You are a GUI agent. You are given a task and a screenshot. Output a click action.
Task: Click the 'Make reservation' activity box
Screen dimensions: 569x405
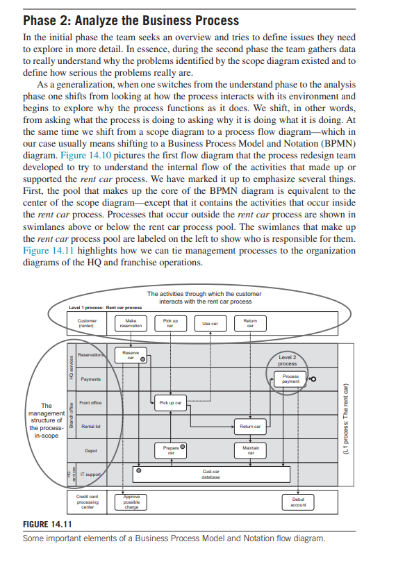[x=131, y=323]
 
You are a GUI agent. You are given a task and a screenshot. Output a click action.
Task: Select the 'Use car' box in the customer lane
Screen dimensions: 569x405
[x=210, y=324]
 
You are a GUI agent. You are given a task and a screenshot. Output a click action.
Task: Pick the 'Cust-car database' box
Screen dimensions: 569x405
[x=212, y=474]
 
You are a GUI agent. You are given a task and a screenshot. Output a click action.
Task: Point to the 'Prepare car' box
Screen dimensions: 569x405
[x=170, y=450]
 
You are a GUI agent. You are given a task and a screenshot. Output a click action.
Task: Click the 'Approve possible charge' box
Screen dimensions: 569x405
[x=131, y=502]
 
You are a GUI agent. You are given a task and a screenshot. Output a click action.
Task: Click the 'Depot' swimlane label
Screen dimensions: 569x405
[x=90, y=450]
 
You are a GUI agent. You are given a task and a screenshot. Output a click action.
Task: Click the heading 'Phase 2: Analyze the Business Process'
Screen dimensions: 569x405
[x=131, y=20]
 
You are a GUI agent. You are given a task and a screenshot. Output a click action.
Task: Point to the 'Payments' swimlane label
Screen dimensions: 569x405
[x=91, y=379]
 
